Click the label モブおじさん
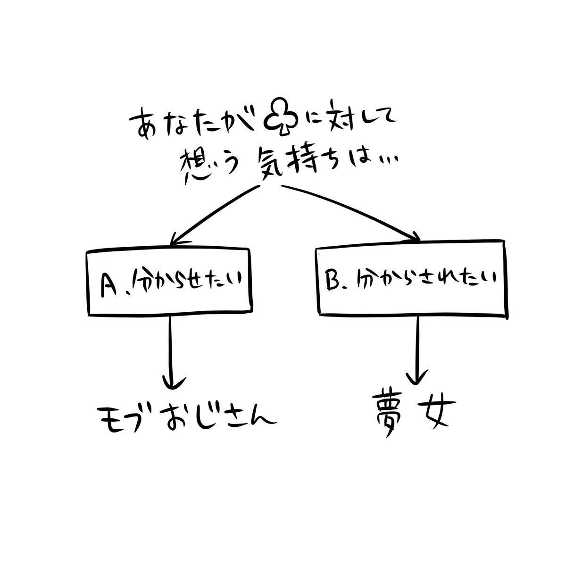pyautogui.click(x=186, y=417)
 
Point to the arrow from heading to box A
pyautogui.click(x=214, y=216)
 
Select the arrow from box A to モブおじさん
pyautogui.click(x=170, y=352)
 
